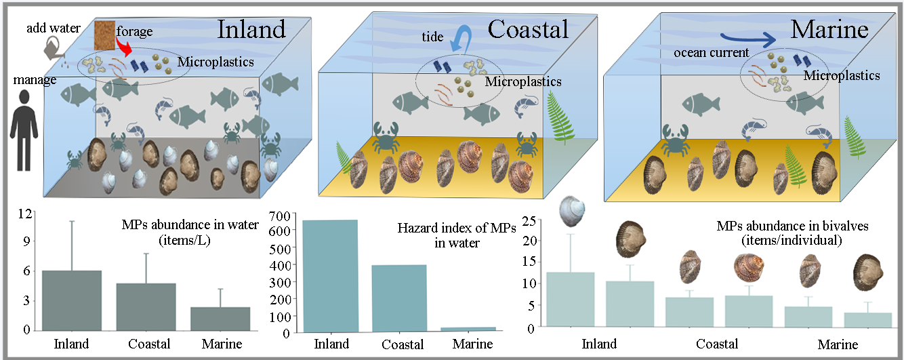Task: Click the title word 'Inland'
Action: tap(251, 29)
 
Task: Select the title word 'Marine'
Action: tap(829, 29)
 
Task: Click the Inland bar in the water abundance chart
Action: tap(71, 300)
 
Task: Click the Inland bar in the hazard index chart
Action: tap(329, 276)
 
